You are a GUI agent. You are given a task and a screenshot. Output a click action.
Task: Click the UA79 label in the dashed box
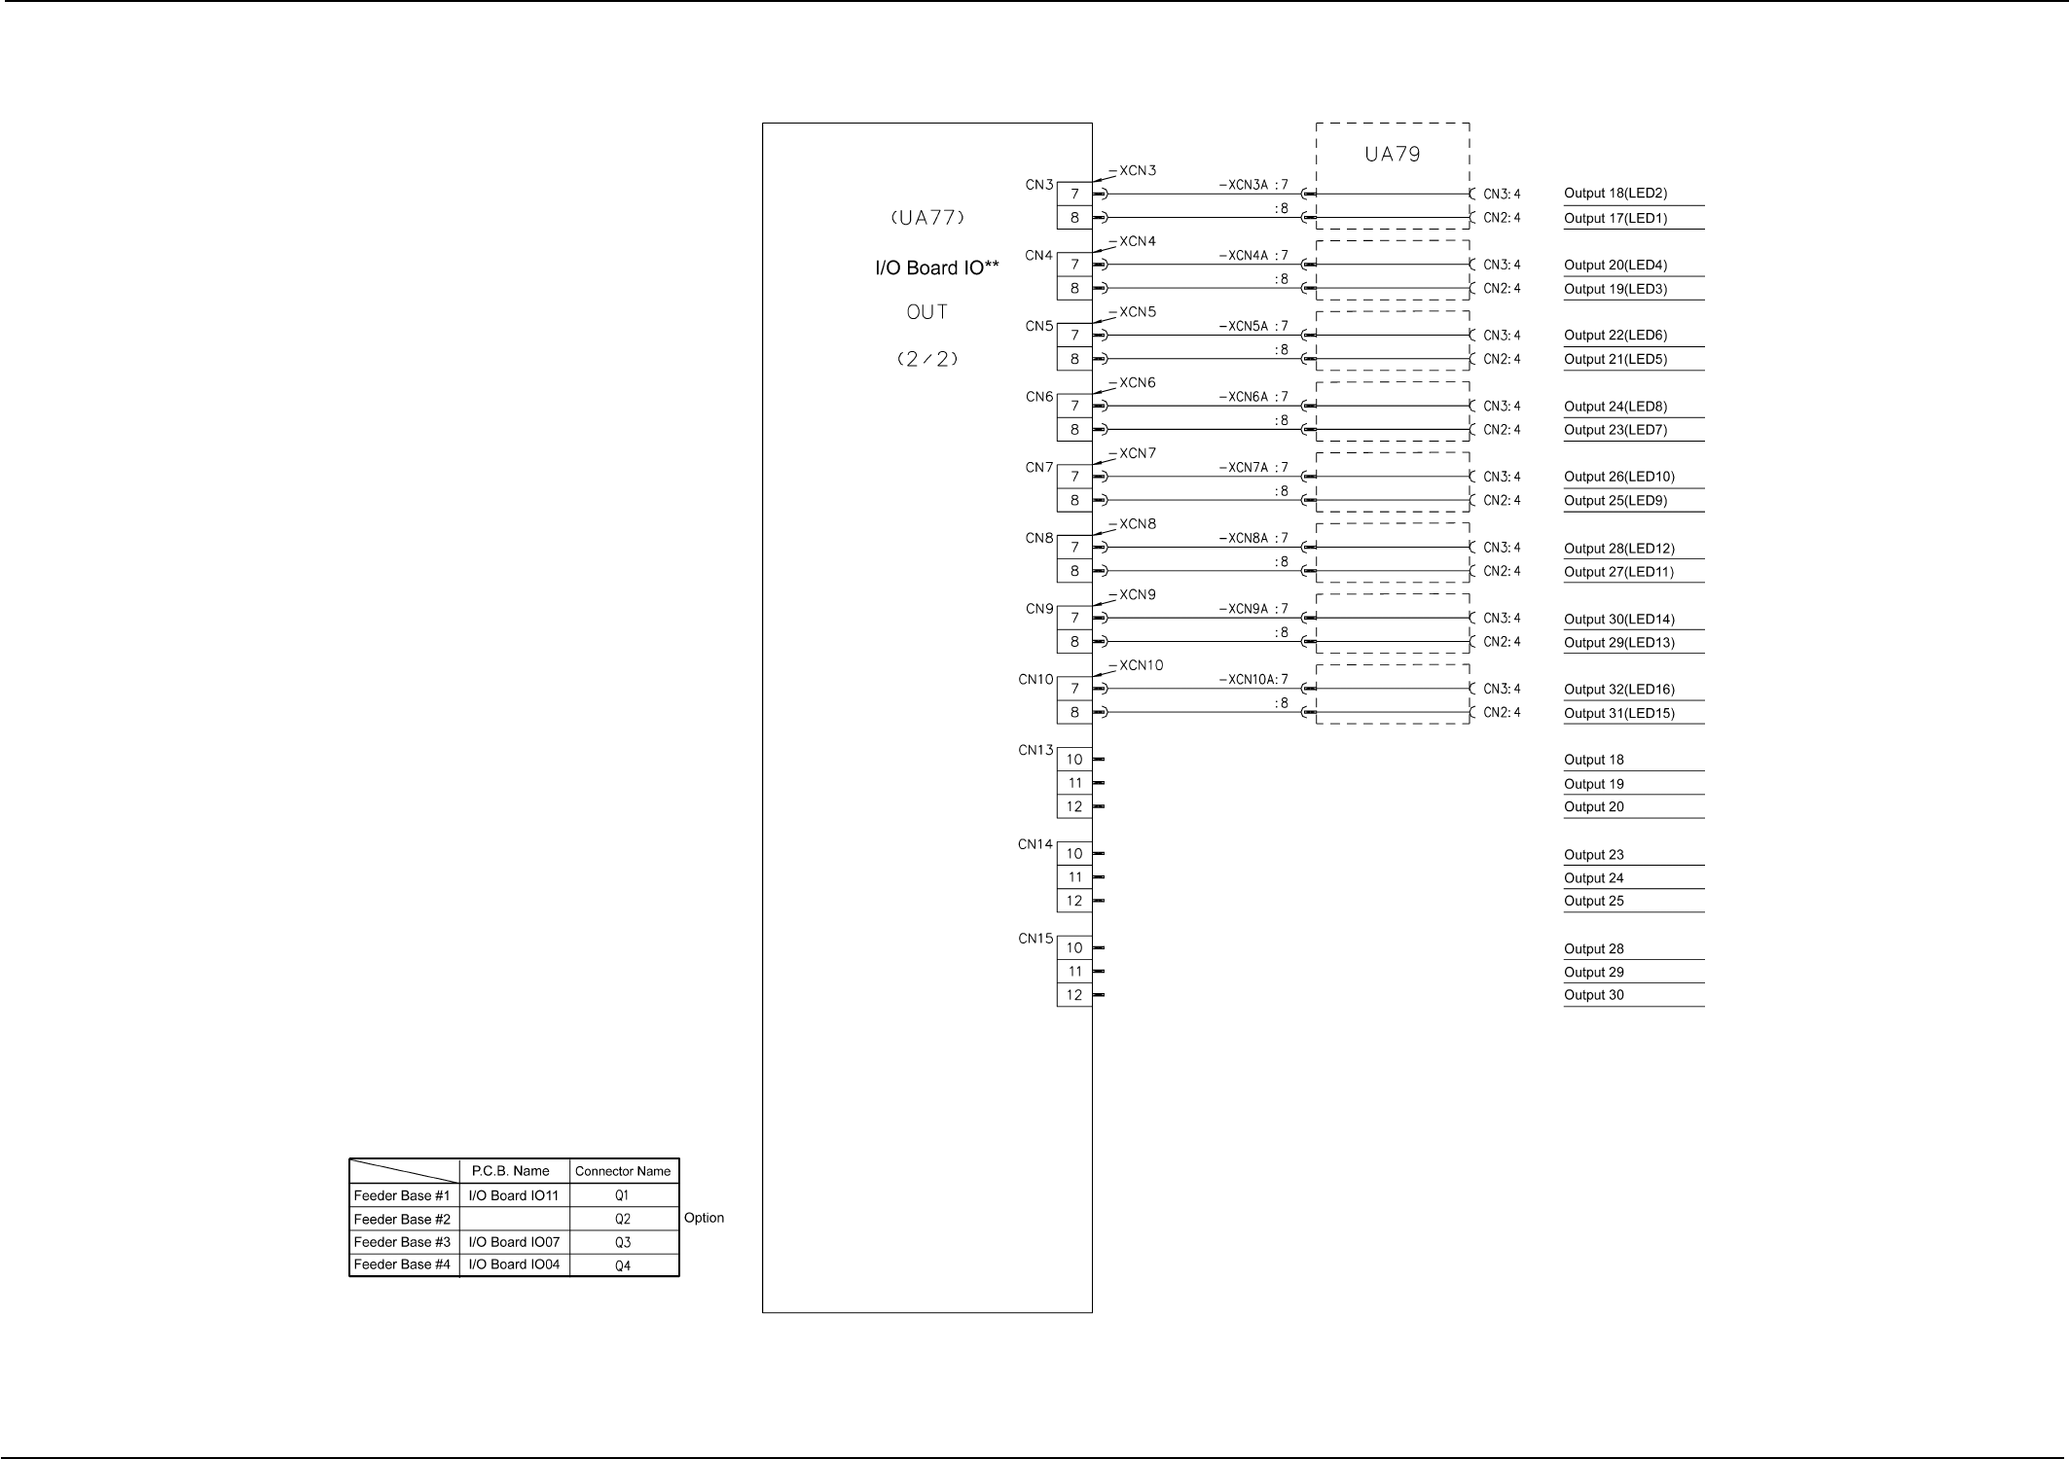point(1392,155)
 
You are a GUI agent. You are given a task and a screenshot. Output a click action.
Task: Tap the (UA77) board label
point(927,219)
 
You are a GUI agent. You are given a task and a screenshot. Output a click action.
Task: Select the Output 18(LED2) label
point(1615,194)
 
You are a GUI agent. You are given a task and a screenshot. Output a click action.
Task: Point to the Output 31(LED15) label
point(1618,713)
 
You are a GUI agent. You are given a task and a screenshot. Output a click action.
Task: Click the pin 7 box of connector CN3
point(1074,194)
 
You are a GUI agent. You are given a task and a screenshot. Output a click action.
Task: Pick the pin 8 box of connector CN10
point(1074,712)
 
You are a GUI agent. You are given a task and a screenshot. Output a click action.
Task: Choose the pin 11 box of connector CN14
point(1074,877)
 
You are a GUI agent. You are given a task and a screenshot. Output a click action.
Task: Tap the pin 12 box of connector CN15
point(1074,995)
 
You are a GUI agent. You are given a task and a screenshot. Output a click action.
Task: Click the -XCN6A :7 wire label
point(1253,397)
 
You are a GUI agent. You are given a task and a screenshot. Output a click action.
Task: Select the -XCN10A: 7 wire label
point(1253,680)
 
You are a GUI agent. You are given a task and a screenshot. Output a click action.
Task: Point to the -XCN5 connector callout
point(1136,312)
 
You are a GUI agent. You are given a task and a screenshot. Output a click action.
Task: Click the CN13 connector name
point(1035,750)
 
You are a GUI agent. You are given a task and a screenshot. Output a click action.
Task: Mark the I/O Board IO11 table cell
point(514,1195)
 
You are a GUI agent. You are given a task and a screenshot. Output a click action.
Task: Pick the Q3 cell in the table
point(623,1242)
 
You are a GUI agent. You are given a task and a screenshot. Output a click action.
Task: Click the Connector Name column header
point(623,1171)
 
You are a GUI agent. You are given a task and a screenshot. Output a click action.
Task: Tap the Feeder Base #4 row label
point(402,1264)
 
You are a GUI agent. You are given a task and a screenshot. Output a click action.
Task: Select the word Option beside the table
point(704,1218)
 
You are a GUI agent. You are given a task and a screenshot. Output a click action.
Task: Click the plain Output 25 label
point(1593,901)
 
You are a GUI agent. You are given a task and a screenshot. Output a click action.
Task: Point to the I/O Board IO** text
point(936,268)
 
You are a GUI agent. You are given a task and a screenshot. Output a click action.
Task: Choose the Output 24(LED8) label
point(1615,407)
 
